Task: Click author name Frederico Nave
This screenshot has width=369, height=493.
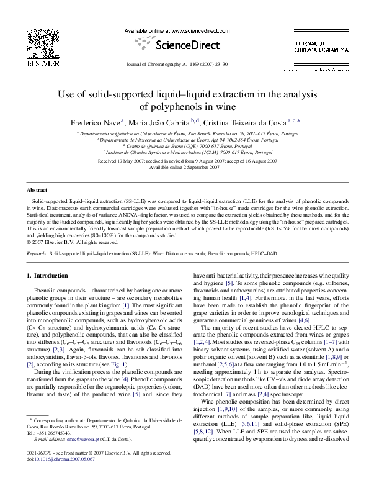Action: click(96, 122)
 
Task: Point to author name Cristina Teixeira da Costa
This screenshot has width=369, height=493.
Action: click(247, 122)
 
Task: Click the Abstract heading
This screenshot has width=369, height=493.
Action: click(37, 190)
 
